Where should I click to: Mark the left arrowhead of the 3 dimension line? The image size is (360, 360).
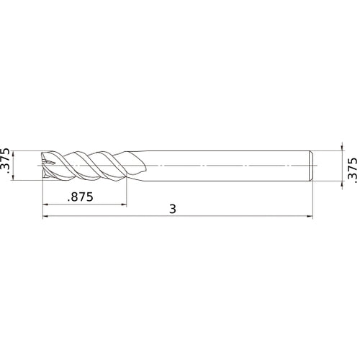[45, 215]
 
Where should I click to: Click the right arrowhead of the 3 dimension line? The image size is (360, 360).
[310, 215]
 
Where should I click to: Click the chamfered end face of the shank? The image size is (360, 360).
[311, 166]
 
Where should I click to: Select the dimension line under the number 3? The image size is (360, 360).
[216, 215]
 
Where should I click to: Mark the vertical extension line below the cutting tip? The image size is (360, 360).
[42, 198]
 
